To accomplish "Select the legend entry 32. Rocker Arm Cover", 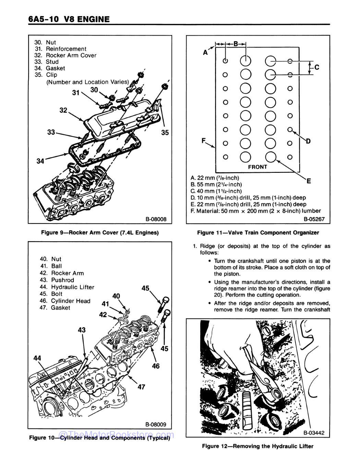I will tap(66, 55).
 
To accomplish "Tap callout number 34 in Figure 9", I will tap(40, 161).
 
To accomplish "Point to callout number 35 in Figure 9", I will tap(165, 133).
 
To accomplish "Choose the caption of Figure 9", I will tap(100, 232).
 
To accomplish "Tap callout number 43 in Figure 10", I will tap(82, 330).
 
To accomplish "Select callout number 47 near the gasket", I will tap(141, 387).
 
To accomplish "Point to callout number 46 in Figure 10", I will tap(156, 366).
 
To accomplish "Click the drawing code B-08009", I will tap(155, 424).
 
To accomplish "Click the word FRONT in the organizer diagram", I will tap(257, 167).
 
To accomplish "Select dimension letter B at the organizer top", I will tap(236, 44).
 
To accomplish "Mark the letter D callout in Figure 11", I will tap(308, 141).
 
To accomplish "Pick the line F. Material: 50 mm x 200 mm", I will tap(255, 211).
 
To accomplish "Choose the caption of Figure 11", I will tap(258, 232).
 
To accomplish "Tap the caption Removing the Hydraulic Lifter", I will tap(258, 446).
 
